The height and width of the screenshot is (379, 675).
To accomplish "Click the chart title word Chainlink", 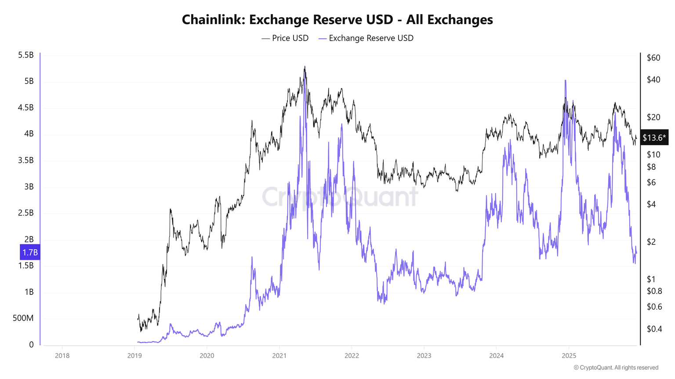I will [x=213, y=20].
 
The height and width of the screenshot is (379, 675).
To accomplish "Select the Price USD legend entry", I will [x=285, y=38].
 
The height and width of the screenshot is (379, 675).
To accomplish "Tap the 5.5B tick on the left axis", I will [x=26, y=55].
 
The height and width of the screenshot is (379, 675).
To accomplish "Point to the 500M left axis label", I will [x=23, y=318].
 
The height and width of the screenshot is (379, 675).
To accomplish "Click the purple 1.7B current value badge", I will [x=30, y=252].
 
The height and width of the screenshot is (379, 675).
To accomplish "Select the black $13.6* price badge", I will [x=654, y=138].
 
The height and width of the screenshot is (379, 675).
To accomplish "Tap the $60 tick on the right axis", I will [x=653, y=58].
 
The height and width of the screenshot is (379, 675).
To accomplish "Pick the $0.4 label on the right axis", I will [x=654, y=329].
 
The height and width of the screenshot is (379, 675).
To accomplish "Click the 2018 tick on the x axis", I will [x=62, y=356].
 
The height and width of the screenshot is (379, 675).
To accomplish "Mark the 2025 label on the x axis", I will [x=569, y=356].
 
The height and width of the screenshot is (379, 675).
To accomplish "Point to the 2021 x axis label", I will [x=279, y=356].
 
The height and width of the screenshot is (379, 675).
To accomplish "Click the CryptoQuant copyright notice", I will [x=616, y=368].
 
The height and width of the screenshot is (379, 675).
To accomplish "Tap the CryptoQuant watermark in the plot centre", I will [x=340, y=197].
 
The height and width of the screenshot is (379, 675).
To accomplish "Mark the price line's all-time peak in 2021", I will [x=305, y=67].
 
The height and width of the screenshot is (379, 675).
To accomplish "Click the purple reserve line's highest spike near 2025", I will [x=565, y=80].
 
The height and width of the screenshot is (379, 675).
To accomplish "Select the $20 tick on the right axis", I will [x=653, y=117].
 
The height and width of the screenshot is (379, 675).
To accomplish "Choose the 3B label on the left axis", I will [x=29, y=186].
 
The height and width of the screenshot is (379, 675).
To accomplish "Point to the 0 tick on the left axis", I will [x=31, y=344].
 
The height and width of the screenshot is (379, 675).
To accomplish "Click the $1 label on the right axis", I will [x=651, y=279].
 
